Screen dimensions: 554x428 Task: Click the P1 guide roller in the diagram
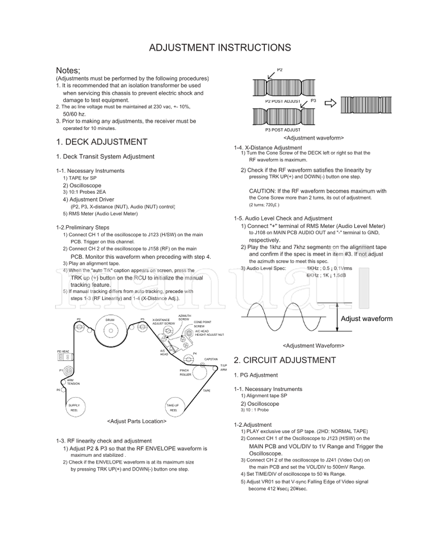click(69, 369)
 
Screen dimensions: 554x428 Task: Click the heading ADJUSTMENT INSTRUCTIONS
click(219, 48)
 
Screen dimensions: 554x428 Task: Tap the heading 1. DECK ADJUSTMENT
click(101, 142)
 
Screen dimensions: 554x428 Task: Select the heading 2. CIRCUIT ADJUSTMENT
click(285, 359)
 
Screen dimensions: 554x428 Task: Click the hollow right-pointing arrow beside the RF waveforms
click(331, 103)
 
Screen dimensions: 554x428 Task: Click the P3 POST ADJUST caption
click(282, 130)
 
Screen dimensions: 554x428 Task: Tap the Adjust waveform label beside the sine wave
click(366, 319)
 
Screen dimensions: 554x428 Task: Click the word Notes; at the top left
click(68, 71)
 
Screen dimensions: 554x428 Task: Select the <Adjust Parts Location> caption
click(136, 421)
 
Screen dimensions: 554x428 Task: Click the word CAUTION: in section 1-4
click(263, 191)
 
